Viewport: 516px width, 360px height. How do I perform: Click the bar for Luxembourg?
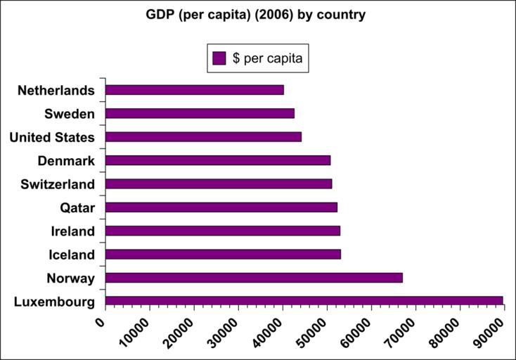point(304,301)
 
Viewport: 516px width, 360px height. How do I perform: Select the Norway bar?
point(254,278)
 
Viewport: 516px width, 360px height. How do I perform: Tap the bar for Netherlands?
point(194,90)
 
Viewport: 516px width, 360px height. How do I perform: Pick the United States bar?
point(203,136)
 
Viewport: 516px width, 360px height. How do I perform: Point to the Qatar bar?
point(221,207)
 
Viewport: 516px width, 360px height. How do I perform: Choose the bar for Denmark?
point(217,160)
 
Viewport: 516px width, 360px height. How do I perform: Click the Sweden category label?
point(69,114)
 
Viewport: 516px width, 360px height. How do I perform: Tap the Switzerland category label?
point(58,184)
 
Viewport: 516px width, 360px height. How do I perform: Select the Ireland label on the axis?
point(72,231)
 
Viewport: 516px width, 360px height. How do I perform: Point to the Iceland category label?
point(72,255)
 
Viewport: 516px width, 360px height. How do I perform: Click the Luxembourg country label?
point(54,302)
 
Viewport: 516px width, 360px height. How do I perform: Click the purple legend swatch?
point(219,58)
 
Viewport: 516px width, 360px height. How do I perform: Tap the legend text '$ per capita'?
point(267,58)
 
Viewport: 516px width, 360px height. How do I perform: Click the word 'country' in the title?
point(342,14)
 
